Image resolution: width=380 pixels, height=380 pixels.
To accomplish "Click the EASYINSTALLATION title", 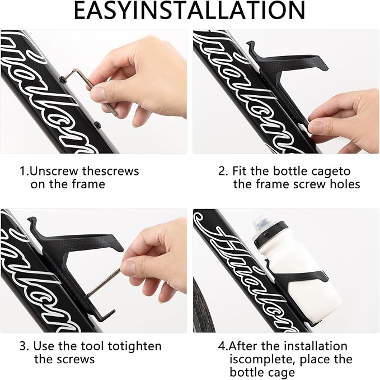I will tap(190, 11).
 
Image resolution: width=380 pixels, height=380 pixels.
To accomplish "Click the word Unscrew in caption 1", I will tap(51, 171).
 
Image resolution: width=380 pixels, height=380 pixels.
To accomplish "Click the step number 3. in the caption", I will tap(24, 346).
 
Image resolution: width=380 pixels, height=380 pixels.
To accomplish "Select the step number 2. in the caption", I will tap(223, 171).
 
